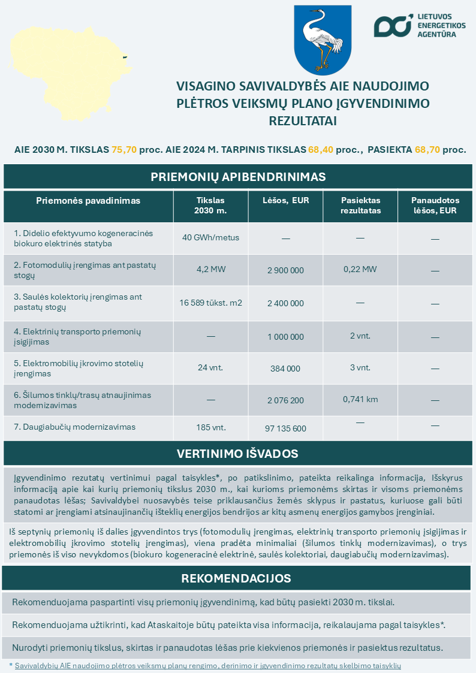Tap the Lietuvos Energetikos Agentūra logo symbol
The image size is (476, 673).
click(x=393, y=26)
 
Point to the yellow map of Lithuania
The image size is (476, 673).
click(x=66, y=72)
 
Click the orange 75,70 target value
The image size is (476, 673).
click(x=124, y=149)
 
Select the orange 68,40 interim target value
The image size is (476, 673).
click(x=321, y=149)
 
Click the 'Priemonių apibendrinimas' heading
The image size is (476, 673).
click(x=238, y=177)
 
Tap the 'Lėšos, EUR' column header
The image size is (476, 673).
click(x=285, y=201)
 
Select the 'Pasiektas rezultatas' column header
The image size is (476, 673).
click(x=360, y=206)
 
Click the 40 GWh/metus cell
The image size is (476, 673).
click(x=210, y=237)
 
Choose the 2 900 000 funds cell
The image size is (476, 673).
click(x=285, y=270)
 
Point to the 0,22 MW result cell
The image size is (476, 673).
click(x=360, y=270)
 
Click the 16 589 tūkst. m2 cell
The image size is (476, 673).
click(x=210, y=303)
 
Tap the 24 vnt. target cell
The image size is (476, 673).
click(x=210, y=367)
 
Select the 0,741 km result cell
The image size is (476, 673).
click(x=360, y=399)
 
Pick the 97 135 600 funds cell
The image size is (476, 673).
click(x=285, y=428)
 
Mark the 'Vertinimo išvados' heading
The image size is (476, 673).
click(x=238, y=454)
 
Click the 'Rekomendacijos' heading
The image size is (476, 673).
click(x=236, y=578)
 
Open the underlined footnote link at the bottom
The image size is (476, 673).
click(x=207, y=666)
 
